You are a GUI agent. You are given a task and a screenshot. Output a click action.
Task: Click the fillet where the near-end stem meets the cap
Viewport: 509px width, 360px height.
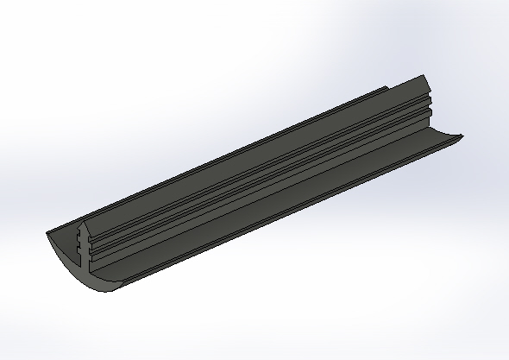(x=93, y=263)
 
